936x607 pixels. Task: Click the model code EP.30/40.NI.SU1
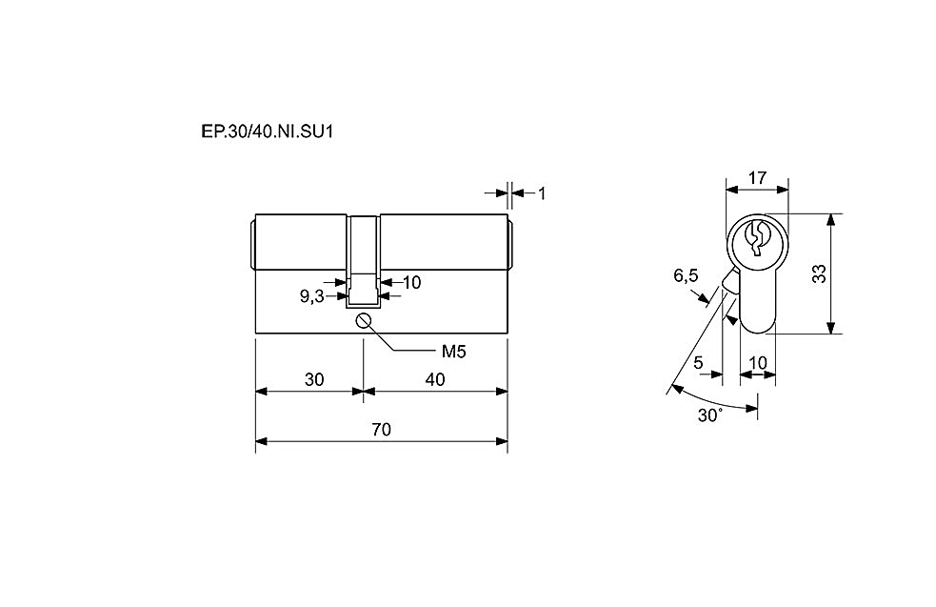pos(267,132)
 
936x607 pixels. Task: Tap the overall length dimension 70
pos(382,430)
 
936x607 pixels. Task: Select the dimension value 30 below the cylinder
pos(314,379)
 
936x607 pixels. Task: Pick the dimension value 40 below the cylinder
pos(435,379)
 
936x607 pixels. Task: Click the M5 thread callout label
pos(453,352)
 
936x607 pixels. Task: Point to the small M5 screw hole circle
pos(364,321)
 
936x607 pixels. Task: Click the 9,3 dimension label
pos(312,295)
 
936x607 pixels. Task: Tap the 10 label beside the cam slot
pos(412,282)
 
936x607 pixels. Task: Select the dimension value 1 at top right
pos(542,193)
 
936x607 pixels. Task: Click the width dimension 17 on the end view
pos(758,178)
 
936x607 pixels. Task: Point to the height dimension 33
pos(819,273)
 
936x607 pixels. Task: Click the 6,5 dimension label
pos(686,275)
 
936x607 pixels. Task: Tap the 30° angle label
pos(710,415)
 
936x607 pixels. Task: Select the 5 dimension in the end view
pos(698,363)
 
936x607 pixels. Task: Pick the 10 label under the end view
pos(758,363)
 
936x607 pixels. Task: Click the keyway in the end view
pos(756,238)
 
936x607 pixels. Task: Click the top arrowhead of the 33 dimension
pos(829,220)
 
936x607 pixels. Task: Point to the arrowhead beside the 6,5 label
pos(705,297)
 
